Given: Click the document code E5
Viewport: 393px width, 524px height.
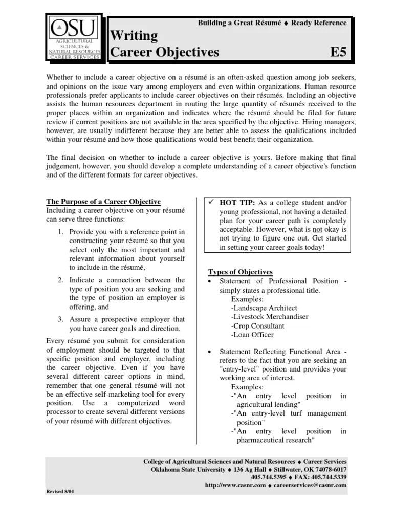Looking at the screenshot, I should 339,52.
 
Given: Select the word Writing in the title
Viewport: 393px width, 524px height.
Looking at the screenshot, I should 135,36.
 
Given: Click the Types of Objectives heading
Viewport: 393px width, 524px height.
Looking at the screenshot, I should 240,272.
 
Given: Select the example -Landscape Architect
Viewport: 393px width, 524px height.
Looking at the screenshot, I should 264,308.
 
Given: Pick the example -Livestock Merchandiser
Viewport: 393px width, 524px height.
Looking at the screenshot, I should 269,317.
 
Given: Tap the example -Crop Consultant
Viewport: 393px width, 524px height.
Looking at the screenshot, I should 257,325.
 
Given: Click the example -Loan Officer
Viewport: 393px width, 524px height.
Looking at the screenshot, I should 252,335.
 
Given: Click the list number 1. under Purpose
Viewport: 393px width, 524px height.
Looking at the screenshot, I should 60,232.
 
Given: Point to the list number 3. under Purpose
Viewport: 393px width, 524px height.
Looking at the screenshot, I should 60,319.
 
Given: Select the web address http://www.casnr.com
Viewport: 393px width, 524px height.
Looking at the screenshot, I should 235,485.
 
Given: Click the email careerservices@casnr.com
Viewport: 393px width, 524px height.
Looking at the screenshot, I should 311,485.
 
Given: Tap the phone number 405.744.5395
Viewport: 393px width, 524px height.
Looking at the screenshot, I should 272,477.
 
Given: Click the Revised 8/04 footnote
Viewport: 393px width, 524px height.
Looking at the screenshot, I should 60,491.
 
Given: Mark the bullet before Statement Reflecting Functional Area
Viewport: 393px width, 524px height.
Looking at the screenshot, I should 210,352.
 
